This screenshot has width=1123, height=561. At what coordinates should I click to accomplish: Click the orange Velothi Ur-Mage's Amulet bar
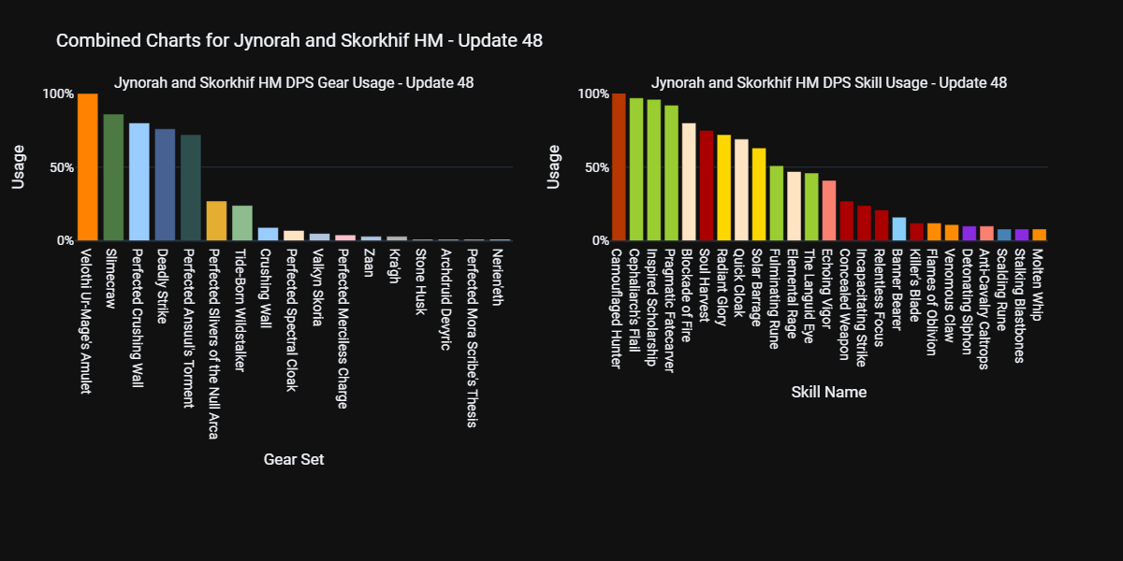(88, 167)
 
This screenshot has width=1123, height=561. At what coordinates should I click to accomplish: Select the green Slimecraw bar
(113, 178)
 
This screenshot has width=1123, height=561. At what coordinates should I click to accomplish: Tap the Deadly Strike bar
(165, 185)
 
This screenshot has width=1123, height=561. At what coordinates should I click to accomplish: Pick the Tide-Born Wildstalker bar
(242, 223)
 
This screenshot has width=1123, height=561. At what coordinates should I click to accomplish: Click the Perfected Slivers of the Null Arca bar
(216, 221)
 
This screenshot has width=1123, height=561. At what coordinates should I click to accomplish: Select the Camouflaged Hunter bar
(619, 167)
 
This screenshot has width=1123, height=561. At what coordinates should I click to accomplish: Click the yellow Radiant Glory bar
(723, 188)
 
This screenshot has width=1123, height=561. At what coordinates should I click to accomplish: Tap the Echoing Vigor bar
(829, 210)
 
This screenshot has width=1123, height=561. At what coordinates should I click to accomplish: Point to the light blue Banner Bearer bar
(899, 229)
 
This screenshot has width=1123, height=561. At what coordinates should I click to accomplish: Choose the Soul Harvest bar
(707, 186)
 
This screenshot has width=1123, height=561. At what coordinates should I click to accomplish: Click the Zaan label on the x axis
(371, 261)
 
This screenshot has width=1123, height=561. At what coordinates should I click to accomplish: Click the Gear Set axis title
(294, 459)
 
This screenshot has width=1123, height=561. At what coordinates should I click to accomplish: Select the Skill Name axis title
(828, 392)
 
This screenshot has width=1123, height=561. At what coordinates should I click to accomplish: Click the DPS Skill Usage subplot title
(828, 82)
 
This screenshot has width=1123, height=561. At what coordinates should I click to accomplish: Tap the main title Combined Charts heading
(299, 41)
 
